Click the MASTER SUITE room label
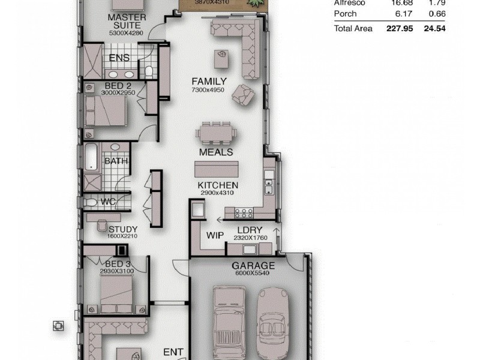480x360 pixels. [x=127, y=22]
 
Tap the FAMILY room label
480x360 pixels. [x=209, y=81]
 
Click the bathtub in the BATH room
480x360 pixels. [x=90, y=157]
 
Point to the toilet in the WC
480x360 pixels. [x=91, y=203]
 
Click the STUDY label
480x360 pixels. [x=123, y=229]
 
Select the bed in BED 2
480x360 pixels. [x=105, y=111]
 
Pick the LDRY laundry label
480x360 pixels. [x=247, y=230]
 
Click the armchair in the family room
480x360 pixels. [x=244, y=94]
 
